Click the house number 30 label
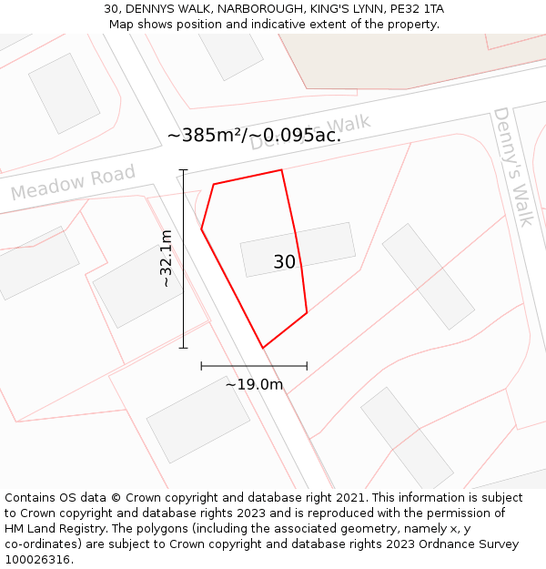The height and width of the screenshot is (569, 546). coord(284,262)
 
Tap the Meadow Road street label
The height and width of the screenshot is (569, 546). coord(73,182)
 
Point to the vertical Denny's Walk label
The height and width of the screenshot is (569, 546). coord(513,167)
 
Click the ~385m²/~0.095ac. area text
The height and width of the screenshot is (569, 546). coord(254,136)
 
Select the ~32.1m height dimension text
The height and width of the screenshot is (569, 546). coord(166,259)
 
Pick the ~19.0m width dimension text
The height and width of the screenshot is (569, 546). coord(254,384)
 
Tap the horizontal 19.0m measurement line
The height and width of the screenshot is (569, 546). coord(254,366)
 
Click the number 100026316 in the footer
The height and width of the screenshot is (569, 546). coord(36,560)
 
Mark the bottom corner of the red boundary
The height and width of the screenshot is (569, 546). coord(263,348)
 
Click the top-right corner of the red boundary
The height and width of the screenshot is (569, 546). coord(281,170)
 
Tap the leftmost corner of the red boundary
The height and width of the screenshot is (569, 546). coord(202,229)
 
